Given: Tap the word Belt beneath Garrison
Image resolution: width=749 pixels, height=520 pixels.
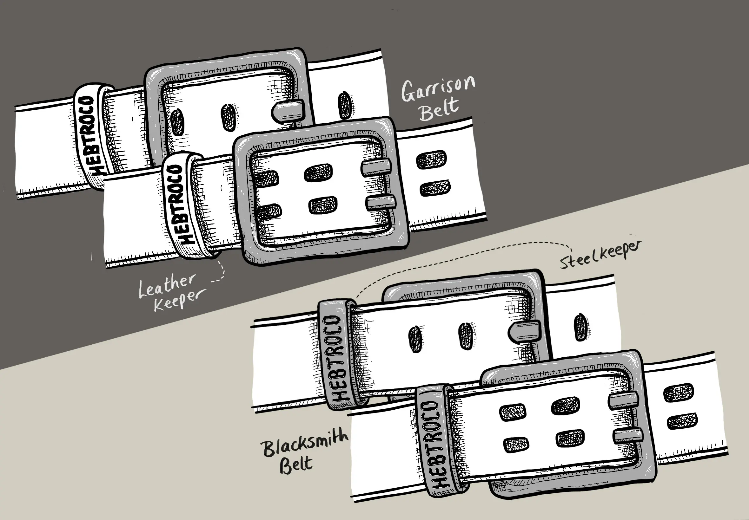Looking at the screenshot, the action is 439,109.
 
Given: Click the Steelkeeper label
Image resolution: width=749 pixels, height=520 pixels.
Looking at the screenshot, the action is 600,255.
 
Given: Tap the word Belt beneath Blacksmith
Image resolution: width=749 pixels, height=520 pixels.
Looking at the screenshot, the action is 296,464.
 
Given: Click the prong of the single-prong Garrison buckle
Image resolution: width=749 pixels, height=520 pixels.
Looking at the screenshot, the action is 288,111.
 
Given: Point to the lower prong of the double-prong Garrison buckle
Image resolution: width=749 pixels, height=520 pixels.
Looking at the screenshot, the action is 381,202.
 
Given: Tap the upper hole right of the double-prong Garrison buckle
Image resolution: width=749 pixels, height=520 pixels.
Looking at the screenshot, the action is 431,160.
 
